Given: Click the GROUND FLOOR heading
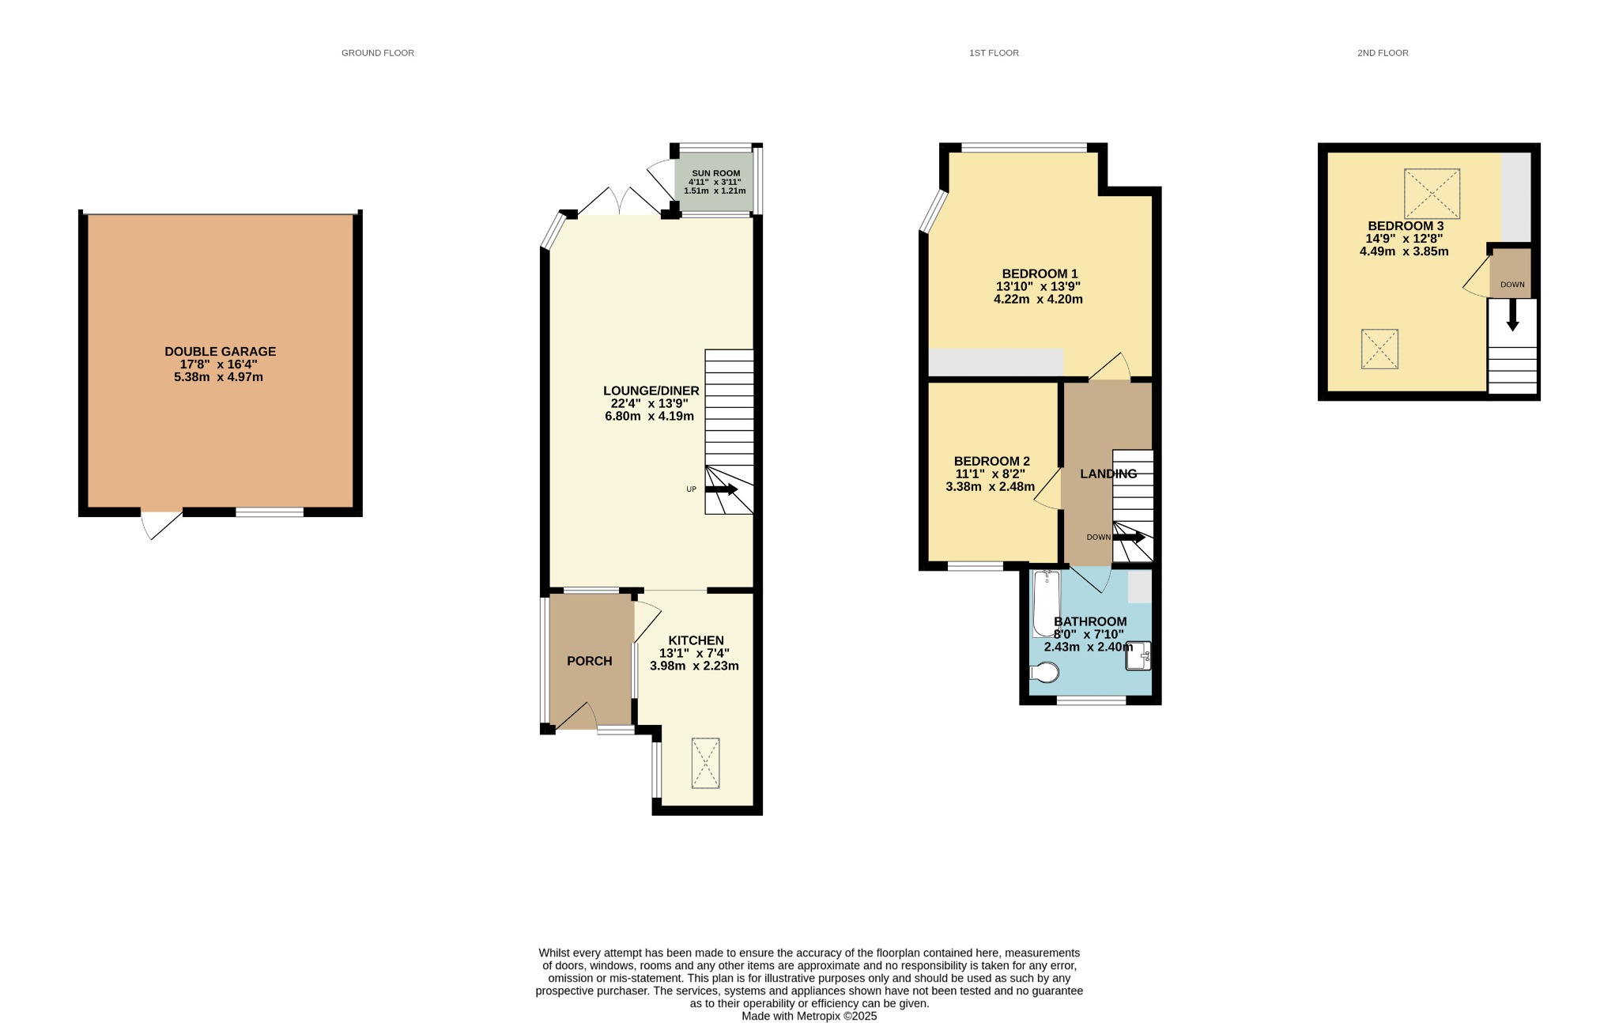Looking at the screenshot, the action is pyautogui.click(x=378, y=53).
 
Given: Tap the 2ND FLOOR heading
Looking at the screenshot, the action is pyautogui.click(x=1383, y=53).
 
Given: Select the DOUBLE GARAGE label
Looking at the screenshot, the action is pyautogui.click(x=221, y=352).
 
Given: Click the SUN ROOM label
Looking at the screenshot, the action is pyautogui.click(x=716, y=173).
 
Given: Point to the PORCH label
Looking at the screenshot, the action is pyautogui.click(x=590, y=661).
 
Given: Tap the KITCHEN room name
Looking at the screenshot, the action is pyautogui.click(x=696, y=640).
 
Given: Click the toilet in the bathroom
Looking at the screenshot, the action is pyautogui.click(x=1045, y=673).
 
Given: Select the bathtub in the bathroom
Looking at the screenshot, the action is pyautogui.click(x=1047, y=603).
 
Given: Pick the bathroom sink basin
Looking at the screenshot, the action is pyautogui.click(x=1138, y=655).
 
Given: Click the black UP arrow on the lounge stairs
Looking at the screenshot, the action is pyautogui.click(x=721, y=489).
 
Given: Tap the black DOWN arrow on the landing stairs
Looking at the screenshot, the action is pyautogui.click(x=1129, y=537).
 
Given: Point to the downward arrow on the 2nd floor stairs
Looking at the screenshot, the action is pyautogui.click(x=1512, y=315).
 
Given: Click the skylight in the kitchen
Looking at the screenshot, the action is pyautogui.click(x=706, y=763).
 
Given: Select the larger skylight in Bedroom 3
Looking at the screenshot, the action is pyautogui.click(x=1432, y=194).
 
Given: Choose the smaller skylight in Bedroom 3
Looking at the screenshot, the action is pyautogui.click(x=1379, y=349).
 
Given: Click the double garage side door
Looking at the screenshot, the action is pyautogui.click(x=161, y=525).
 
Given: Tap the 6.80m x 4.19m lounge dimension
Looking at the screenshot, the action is pyautogui.click(x=649, y=416).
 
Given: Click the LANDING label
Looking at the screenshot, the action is pyautogui.click(x=1109, y=474).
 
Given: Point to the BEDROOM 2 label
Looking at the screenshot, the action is pyautogui.click(x=991, y=461).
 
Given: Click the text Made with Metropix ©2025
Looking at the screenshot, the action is pyautogui.click(x=809, y=1016).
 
